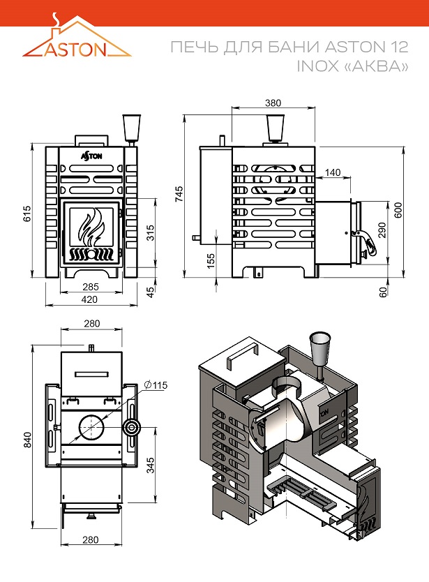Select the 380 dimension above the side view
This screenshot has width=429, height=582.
(273, 103)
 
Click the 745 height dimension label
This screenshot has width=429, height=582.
(179, 194)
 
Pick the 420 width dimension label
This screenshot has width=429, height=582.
(89, 299)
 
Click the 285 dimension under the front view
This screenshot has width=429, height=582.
(89, 287)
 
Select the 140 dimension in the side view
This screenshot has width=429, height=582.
(333, 172)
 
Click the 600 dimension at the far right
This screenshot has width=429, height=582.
(398, 211)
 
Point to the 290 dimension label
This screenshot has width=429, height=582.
(382, 230)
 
